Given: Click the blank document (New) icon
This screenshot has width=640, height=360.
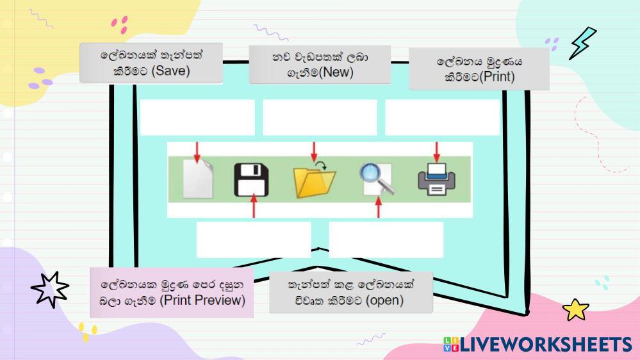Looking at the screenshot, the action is [197, 179].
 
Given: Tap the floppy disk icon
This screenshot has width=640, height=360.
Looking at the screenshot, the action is [250, 180].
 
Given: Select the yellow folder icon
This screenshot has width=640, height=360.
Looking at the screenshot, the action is [314, 182].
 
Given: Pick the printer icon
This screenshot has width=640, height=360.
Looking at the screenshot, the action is [436, 179].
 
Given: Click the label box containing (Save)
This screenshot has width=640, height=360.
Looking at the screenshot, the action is [151, 63].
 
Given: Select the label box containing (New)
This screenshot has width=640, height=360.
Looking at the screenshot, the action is [320, 65].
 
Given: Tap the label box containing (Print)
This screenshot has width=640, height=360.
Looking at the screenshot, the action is [479, 69].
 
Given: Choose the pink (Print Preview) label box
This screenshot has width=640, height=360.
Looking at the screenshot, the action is [172, 293].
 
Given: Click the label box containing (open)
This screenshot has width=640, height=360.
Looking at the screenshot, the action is [350, 292].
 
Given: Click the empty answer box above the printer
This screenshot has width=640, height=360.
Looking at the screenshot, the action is [442, 117].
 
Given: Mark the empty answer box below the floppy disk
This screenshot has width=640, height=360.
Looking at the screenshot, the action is [254, 240].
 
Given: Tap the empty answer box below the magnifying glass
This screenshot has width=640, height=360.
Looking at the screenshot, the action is [386, 240].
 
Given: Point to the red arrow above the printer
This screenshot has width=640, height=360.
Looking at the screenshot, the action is [437, 152].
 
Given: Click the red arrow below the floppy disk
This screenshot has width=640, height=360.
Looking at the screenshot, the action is [254, 207].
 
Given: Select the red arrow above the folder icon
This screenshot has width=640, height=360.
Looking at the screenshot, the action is [314, 152].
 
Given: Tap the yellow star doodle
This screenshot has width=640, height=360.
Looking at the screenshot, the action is [575, 310].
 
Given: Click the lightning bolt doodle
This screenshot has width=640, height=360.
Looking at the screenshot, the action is [582, 42].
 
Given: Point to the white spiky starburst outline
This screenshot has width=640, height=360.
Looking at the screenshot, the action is [50, 290].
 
